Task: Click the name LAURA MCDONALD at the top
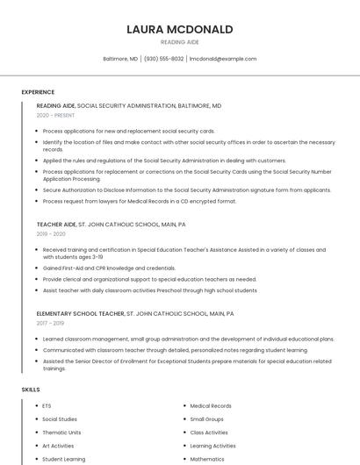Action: (x=180, y=29)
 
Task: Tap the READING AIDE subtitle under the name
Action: (x=180, y=42)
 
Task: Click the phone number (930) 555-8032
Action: (x=164, y=59)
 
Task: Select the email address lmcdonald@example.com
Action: (x=223, y=59)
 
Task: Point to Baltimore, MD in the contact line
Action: (x=120, y=59)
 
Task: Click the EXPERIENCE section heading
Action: (x=38, y=92)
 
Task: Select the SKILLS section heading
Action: (x=31, y=389)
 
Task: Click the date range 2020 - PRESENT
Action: (x=55, y=115)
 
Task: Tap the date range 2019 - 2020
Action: (x=51, y=234)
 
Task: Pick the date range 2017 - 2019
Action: (x=51, y=323)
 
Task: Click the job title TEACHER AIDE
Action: (x=56, y=225)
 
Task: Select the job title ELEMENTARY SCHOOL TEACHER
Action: (x=80, y=313)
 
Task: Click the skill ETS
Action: (x=47, y=406)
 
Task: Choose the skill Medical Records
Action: (x=211, y=406)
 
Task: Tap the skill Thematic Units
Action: (x=61, y=433)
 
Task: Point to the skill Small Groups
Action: (x=207, y=419)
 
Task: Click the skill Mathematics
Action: (x=207, y=459)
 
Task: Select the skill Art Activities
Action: (x=58, y=446)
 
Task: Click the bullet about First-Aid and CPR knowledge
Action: (x=109, y=268)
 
